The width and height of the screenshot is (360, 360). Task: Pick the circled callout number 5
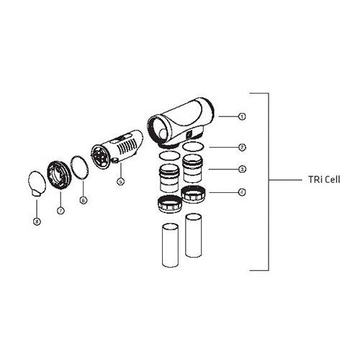[120, 181]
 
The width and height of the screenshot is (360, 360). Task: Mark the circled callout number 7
[60, 210]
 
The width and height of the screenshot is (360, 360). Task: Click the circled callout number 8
[36, 222]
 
